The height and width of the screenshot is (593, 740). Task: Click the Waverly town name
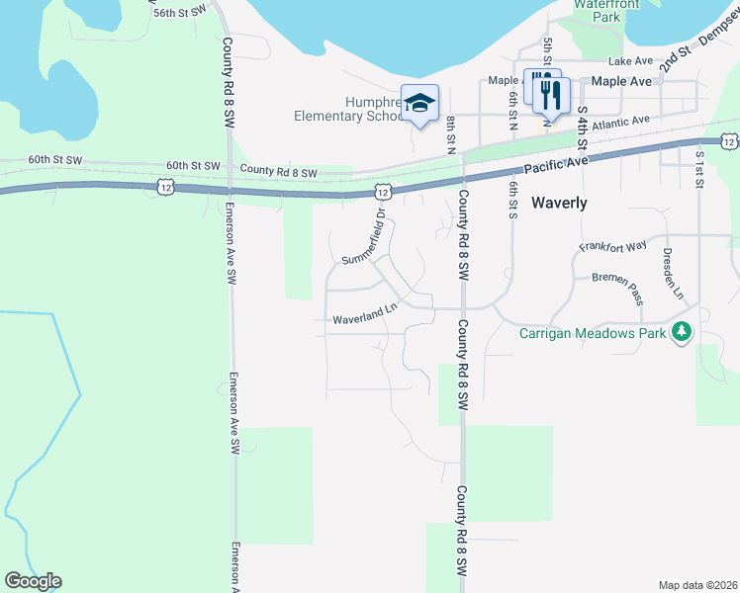point(559,204)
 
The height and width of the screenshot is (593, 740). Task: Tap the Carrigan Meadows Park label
point(594,332)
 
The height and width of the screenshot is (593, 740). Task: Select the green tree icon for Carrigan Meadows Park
point(681,331)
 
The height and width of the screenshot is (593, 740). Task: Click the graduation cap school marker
point(419,103)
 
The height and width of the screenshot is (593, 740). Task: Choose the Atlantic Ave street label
point(620,123)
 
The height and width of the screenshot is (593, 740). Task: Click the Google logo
point(33,581)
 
